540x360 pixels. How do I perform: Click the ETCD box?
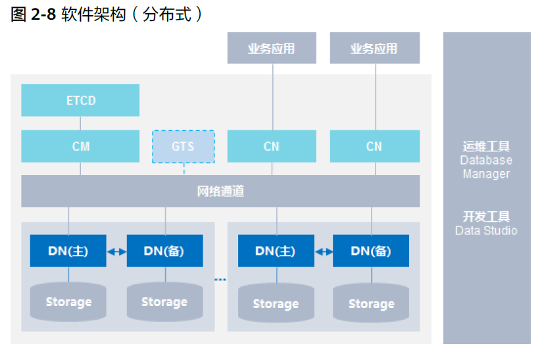pyautogui.click(x=80, y=101)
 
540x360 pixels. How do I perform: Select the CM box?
pyautogui.click(x=80, y=146)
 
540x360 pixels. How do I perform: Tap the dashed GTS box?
pyautogui.click(x=184, y=146)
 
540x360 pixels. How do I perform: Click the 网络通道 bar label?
pyautogui.click(x=220, y=192)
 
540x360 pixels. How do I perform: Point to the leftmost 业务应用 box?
pyautogui.click(x=271, y=49)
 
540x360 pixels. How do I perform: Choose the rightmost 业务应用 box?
pyautogui.click(x=374, y=49)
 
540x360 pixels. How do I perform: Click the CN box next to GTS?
pyautogui.click(x=272, y=146)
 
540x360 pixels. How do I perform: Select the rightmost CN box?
pyautogui.click(x=374, y=146)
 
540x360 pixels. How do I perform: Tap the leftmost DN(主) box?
pyautogui.click(x=68, y=251)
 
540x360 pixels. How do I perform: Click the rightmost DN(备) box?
pyautogui.click(x=371, y=251)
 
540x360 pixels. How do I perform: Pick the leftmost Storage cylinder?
pyautogui.click(x=68, y=302)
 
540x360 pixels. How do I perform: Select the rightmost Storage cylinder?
pyautogui.click(x=371, y=303)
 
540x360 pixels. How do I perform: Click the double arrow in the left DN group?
pyautogui.click(x=116, y=251)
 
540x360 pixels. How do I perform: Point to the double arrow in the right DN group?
pyautogui.click(x=324, y=251)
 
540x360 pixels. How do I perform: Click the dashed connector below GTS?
pyautogui.click(x=184, y=169)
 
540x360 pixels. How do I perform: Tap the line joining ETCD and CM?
pyautogui.click(x=80, y=123)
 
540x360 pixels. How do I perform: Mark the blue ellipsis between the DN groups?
pyautogui.click(x=220, y=280)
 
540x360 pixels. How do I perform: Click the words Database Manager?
pyautogui.click(x=486, y=167)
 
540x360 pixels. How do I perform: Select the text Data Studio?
pyautogui.click(x=486, y=230)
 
